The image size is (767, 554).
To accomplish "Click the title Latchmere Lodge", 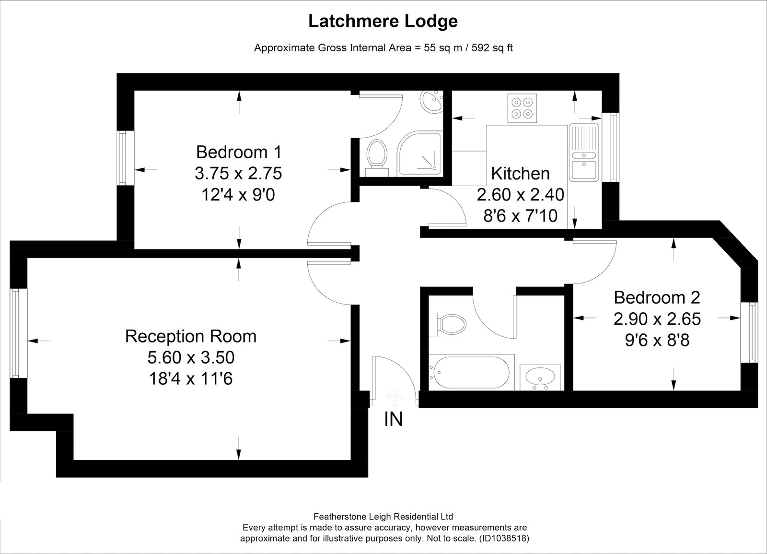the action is tap(383, 21).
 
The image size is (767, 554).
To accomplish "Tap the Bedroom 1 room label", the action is tap(239, 152).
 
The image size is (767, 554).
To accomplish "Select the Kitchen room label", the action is tap(520, 173).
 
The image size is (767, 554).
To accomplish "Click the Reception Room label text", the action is tap(191, 336).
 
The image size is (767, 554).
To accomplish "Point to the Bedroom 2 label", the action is tap(657, 297).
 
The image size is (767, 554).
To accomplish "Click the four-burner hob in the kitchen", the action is tap(522, 108).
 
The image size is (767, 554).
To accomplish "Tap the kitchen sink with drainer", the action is tap(584, 152).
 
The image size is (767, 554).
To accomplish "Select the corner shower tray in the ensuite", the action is tap(420, 153).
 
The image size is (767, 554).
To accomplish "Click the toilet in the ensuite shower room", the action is tap(377, 158).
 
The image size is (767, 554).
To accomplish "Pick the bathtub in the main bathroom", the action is tap(472, 372).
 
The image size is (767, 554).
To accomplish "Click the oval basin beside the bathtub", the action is tap(540, 377).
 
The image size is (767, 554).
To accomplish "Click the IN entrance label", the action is tap(394, 419).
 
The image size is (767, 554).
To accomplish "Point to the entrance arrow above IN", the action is tap(394, 398).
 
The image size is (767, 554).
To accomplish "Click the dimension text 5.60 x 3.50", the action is tap(191, 357).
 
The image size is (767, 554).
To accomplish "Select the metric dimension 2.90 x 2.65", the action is tap(657, 319).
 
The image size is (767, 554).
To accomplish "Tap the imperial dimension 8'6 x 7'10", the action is tap(520, 216).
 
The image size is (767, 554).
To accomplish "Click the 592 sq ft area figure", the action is tap(492, 47).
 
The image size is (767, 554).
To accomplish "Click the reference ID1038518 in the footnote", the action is tap(504, 538).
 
